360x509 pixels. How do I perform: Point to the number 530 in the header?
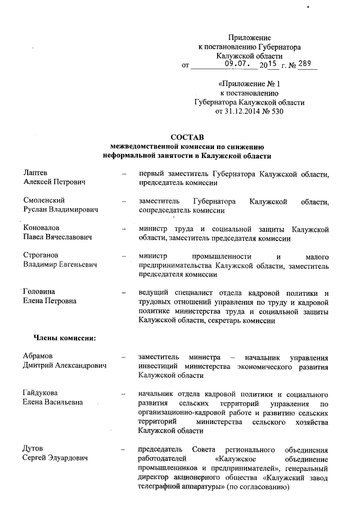point(276,111)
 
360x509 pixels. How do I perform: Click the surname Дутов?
point(33,449)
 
